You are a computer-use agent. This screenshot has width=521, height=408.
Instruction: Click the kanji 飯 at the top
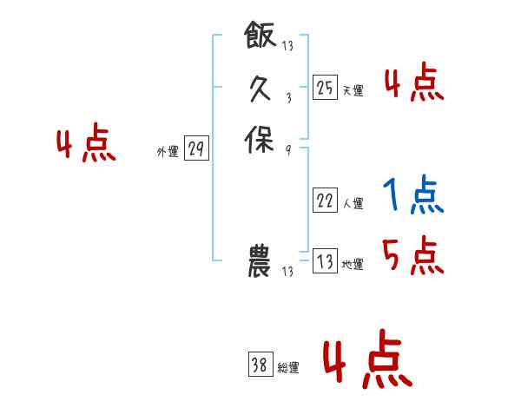coord(260,37)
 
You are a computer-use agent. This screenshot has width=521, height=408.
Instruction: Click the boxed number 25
coord(325,87)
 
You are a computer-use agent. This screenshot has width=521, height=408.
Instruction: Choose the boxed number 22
coord(325,201)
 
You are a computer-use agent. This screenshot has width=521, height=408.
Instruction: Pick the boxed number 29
coord(195,149)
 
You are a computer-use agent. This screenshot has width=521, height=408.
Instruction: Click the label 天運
coord(353,90)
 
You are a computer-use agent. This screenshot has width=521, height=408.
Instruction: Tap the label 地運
coord(353,264)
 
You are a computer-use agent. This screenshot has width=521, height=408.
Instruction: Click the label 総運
coord(288,368)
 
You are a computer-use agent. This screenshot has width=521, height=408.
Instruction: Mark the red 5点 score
coord(412,255)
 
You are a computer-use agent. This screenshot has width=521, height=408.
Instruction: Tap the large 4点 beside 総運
coord(366,363)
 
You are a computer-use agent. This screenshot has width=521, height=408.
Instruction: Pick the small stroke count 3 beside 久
coord(287,97)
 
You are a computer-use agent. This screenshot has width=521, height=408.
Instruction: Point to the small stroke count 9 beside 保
coord(287,149)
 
